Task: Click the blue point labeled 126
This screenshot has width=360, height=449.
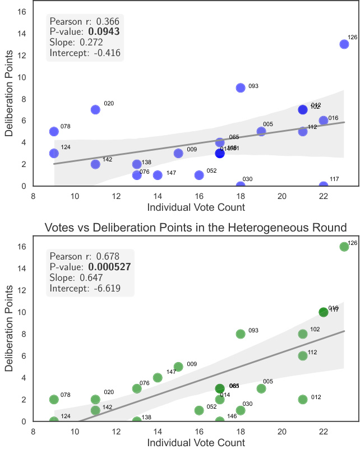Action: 344,44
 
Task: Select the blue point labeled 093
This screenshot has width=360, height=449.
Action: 241,87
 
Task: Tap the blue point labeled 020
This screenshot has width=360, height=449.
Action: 95,109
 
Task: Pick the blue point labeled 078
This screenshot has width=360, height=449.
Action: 54,131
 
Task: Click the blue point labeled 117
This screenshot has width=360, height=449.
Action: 324,186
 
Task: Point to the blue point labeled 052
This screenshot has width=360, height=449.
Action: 199,175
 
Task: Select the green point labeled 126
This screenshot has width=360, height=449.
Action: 344,247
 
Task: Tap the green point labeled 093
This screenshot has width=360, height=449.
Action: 241,334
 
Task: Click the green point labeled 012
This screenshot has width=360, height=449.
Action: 303,399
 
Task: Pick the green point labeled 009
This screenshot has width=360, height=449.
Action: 178,367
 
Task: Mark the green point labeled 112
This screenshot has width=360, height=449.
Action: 303,355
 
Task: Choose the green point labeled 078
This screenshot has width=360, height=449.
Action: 54,399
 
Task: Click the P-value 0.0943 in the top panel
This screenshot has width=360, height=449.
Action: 104,32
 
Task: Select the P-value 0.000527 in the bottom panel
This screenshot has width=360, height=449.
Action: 109,267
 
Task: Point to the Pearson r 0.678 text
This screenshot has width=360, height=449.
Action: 84,257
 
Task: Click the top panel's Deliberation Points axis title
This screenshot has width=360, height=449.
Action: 10,92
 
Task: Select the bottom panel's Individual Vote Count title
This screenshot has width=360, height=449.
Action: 196,442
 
